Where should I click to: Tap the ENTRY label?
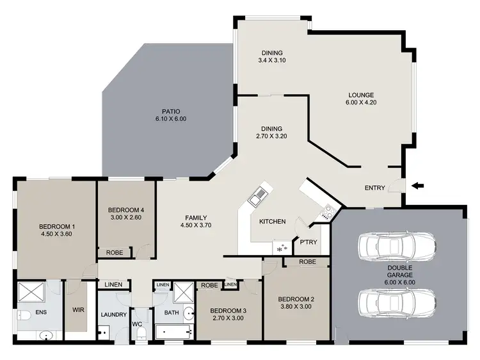tap(374, 188)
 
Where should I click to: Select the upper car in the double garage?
tap(397, 245)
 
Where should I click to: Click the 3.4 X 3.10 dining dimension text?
tap(271, 61)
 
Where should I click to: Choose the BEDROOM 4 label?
tap(125, 210)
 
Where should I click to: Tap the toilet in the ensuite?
tap(24, 315)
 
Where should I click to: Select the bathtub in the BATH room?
tap(172, 332)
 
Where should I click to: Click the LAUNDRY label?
tap(114, 315)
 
